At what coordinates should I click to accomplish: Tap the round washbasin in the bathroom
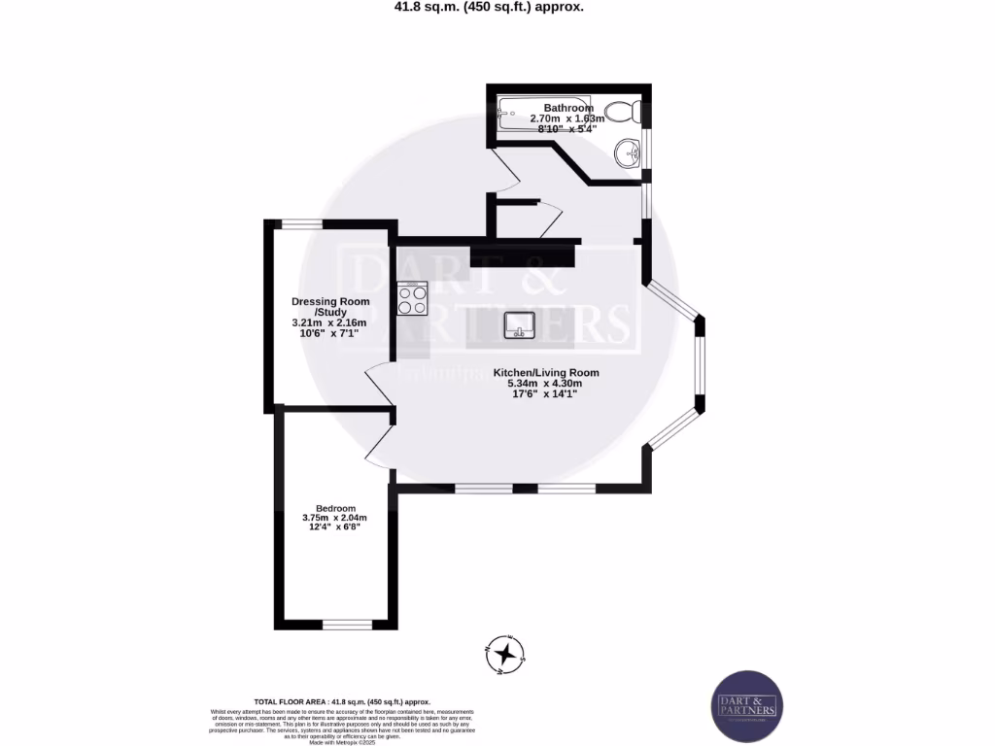(x=628, y=153)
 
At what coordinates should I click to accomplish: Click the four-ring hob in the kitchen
(x=412, y=299)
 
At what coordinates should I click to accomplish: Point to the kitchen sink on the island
(x=520, y=326)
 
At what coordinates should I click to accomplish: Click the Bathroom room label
(x=568, y=108)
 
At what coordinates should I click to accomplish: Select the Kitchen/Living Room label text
(x=545, y=372)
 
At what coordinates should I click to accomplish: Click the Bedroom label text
(x=335, y=509)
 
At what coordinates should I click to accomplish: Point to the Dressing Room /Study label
(x=330, y=307)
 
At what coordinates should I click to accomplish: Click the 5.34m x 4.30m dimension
(x=544, y=383)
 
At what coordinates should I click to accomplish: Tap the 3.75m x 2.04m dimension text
(x=335, y=518)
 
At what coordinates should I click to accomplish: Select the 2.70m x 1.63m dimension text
(x=567, y=119)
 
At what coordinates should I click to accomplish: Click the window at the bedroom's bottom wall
(x=347, y=625)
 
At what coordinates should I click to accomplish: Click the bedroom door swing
(x=379, y=445)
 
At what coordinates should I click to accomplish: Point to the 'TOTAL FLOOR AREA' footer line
(x=341, y=701)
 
